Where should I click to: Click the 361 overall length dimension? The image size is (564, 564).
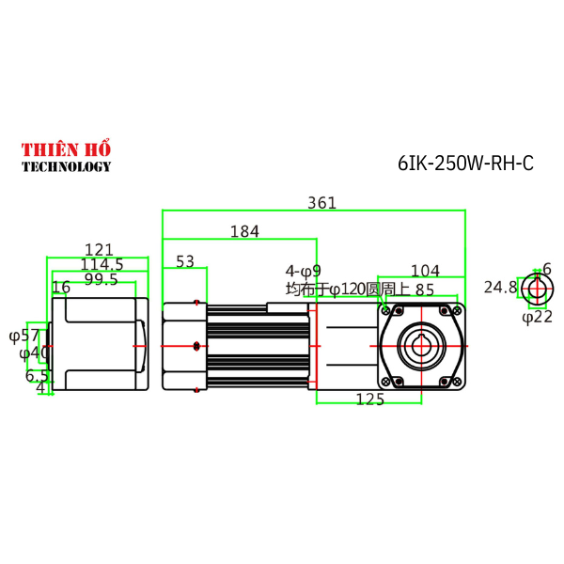coord(321,203)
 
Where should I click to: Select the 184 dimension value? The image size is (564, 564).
coord(244,231)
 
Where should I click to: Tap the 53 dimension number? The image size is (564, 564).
coord(184,260)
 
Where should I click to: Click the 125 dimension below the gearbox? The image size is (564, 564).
coord(370,400)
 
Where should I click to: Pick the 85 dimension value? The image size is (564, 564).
coord(424,290)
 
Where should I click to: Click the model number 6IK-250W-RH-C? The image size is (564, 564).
coord(465,163)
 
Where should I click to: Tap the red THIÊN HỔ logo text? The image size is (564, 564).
coord(66,150)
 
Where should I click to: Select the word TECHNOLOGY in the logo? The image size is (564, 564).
coord(66,166)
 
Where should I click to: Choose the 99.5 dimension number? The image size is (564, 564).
coord(101,279)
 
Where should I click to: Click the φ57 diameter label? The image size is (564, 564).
coord(24,335)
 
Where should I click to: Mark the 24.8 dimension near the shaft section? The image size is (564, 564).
coord(500,287)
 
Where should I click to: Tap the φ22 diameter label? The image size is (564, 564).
coord(537,317)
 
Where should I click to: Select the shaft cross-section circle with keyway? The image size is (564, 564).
coord(536,289)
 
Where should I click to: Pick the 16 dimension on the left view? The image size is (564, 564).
coord(61,287)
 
